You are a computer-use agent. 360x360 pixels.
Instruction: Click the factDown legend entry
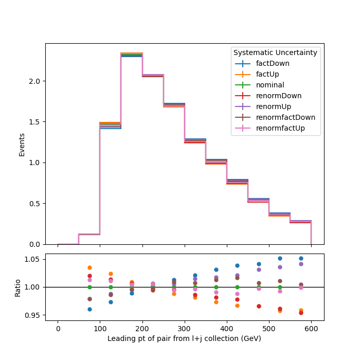[x=262, y=63]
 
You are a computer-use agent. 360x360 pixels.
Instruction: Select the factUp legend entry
[x=257, y=74]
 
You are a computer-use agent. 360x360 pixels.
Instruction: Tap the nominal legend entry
[x=259, y=85]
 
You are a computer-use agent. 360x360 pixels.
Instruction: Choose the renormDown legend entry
[x=268, y=96]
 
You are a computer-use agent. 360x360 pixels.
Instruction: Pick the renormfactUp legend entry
[x=270, y=128]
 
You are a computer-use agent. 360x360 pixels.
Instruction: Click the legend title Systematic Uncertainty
[x=275, y=52]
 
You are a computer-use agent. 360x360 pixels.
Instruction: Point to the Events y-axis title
[x=22, y=145]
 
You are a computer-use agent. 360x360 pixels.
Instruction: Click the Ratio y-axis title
[x=17, y=288]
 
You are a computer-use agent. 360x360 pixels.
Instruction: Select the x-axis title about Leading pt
[x=184, y=338]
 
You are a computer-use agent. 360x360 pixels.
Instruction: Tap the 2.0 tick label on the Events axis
[x=34, y=81]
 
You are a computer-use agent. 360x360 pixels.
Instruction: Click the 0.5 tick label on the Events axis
[x=34, y=204]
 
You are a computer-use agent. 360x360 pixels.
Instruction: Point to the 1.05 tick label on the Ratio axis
[x=32, y=259]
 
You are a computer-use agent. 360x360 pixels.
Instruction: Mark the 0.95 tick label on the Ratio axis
[x=32, y=315]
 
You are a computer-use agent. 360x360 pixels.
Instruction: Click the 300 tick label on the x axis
[x=184, y=329]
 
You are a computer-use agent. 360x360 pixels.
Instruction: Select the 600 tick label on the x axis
[x=311, y=329]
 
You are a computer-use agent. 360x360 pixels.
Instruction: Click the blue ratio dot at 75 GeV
[x=90, y=309]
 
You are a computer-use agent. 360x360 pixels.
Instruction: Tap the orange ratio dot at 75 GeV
[x=90, y=268]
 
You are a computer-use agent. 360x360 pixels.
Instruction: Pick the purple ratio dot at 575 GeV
[x=301, y=264]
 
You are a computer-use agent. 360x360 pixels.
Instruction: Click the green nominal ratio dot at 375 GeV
[x=217, y=287]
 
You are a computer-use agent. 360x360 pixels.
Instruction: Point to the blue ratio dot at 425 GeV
[x=238, y=266]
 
